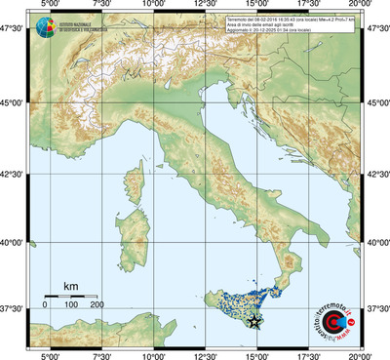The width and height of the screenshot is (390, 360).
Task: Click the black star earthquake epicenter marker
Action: pos(255,321)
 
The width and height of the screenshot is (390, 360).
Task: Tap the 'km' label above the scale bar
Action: pos(70,286)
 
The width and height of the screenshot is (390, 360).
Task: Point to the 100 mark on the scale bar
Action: pos(70,305)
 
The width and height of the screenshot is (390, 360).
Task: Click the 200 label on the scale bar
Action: pos(97,305)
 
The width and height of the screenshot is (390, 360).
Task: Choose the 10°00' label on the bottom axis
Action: pos(153,354)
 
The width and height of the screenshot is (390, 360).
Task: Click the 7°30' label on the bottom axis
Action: pos(101,354)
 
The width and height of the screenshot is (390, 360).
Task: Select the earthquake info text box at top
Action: pos(289,25)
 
